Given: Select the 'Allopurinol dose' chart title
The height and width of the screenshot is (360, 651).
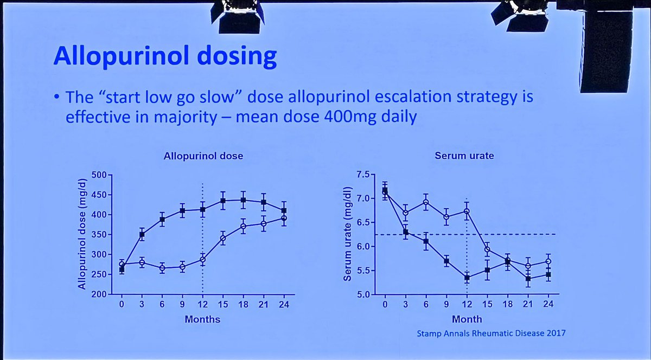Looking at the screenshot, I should [203, 156].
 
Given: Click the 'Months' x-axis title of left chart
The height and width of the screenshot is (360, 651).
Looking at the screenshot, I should [203, 319].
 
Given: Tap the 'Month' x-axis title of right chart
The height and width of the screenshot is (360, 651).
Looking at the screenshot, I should [467, 319].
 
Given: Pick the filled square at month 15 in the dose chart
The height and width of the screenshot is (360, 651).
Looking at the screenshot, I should [222, 201].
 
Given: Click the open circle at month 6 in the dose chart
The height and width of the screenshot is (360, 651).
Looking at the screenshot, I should [162, 268].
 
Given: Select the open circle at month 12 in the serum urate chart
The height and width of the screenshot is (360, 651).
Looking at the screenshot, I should [467, 211].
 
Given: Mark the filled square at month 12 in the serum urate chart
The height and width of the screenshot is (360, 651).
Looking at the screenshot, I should [467, 278].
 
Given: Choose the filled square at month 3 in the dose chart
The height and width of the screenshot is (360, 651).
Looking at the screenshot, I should [142, 235].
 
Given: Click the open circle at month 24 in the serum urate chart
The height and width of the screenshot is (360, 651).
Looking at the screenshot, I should [548, 261].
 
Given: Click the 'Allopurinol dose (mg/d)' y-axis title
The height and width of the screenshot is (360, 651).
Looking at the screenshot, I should [81, 234].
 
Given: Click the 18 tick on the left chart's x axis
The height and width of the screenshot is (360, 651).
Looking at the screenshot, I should [243, 305].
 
